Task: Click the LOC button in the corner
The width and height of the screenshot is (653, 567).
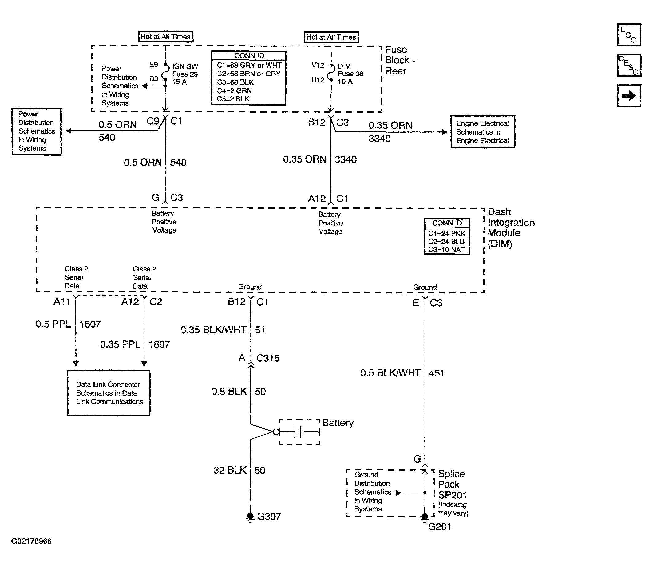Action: (629, 35)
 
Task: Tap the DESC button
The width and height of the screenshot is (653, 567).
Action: (629, 65)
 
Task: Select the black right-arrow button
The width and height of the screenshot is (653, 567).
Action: (629, 95)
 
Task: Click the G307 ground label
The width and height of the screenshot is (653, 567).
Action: (269, 517)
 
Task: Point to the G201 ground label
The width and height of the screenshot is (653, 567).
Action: (439, 527)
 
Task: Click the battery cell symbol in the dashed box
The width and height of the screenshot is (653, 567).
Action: (299, 432)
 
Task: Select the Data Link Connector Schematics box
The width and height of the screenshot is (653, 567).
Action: (109, 393)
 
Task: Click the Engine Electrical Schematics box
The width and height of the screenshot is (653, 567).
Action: (483, 132)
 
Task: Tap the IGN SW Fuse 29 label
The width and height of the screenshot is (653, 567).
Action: (185, 74)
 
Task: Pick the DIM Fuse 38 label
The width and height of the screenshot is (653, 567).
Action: (350, 74)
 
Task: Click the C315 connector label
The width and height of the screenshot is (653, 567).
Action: (268, 358)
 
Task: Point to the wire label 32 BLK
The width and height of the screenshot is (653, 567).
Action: (230, 470)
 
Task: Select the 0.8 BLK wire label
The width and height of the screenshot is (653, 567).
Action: (229, 392)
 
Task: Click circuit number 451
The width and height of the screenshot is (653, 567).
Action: (437, 373)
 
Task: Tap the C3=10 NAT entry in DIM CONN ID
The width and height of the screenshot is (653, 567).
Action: (446, 250)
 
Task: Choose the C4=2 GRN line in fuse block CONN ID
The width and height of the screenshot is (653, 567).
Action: (234, 91)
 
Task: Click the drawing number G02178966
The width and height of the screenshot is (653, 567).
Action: (31, 541)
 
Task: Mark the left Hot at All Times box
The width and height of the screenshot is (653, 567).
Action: (166, 37)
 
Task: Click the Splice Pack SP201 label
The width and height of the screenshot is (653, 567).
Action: (452, 485)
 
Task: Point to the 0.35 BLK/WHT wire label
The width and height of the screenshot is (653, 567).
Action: (213, 330)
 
